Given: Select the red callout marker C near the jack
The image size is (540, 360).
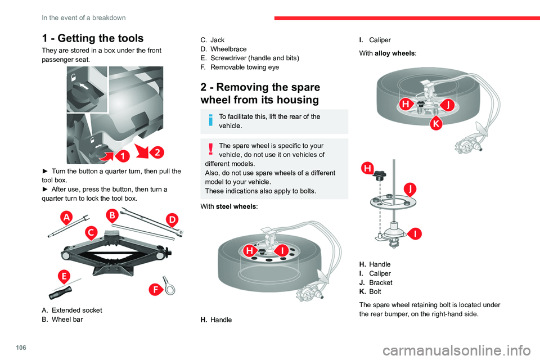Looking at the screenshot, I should click(x=91, y=231).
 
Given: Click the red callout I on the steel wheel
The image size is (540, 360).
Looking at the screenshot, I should click(x=281, y=250).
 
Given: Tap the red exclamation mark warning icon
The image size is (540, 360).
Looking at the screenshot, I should click(x=209, y=149).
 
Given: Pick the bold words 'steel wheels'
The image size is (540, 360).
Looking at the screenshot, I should click(x=237, y=206).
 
